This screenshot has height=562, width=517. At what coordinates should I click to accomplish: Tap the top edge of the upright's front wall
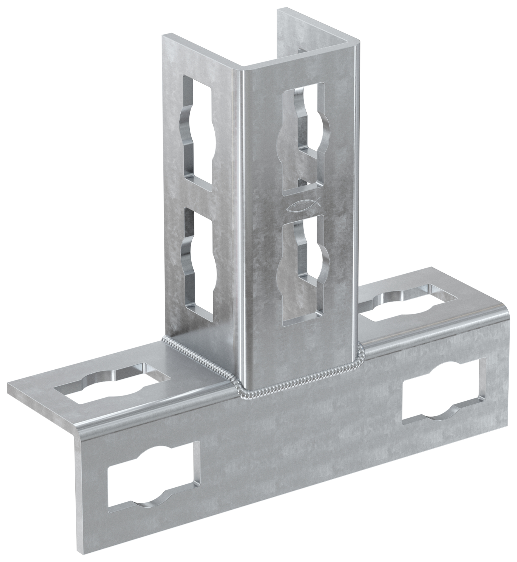pos(299,63)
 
